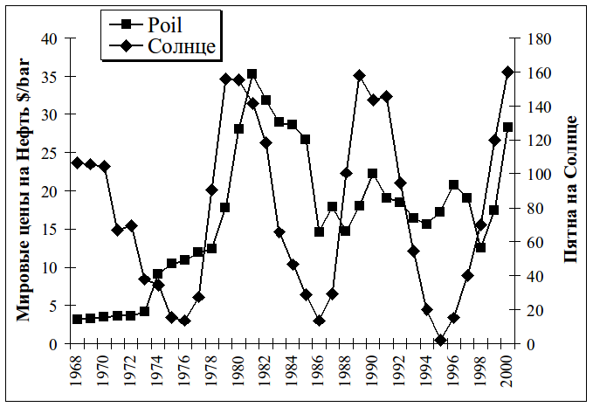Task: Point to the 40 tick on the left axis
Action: coord(48,38)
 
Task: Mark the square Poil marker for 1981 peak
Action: coord(252,74)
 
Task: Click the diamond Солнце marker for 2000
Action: coord(507,72)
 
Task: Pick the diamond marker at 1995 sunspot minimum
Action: coord(440,340)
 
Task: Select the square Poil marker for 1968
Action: coord(77,320)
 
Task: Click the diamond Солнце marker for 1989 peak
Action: coord(359,76)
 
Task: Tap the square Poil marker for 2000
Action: coord(507,127)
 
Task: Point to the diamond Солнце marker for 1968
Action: coord(77,162)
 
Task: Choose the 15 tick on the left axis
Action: coord(48,229)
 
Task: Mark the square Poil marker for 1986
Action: coord(319,232)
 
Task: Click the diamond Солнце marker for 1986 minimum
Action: coord(319,321)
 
